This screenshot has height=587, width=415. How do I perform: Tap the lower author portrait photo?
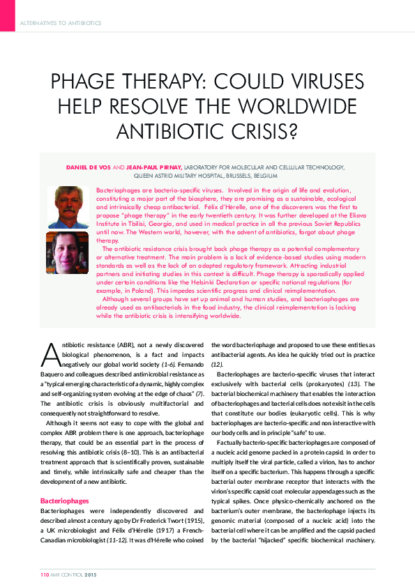(x=68, y=252)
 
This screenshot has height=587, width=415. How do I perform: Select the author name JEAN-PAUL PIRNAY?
(x=153, y=168)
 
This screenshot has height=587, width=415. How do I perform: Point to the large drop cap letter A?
(x=50, y=354)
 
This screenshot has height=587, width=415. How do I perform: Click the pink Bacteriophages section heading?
(x=63, y=501)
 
